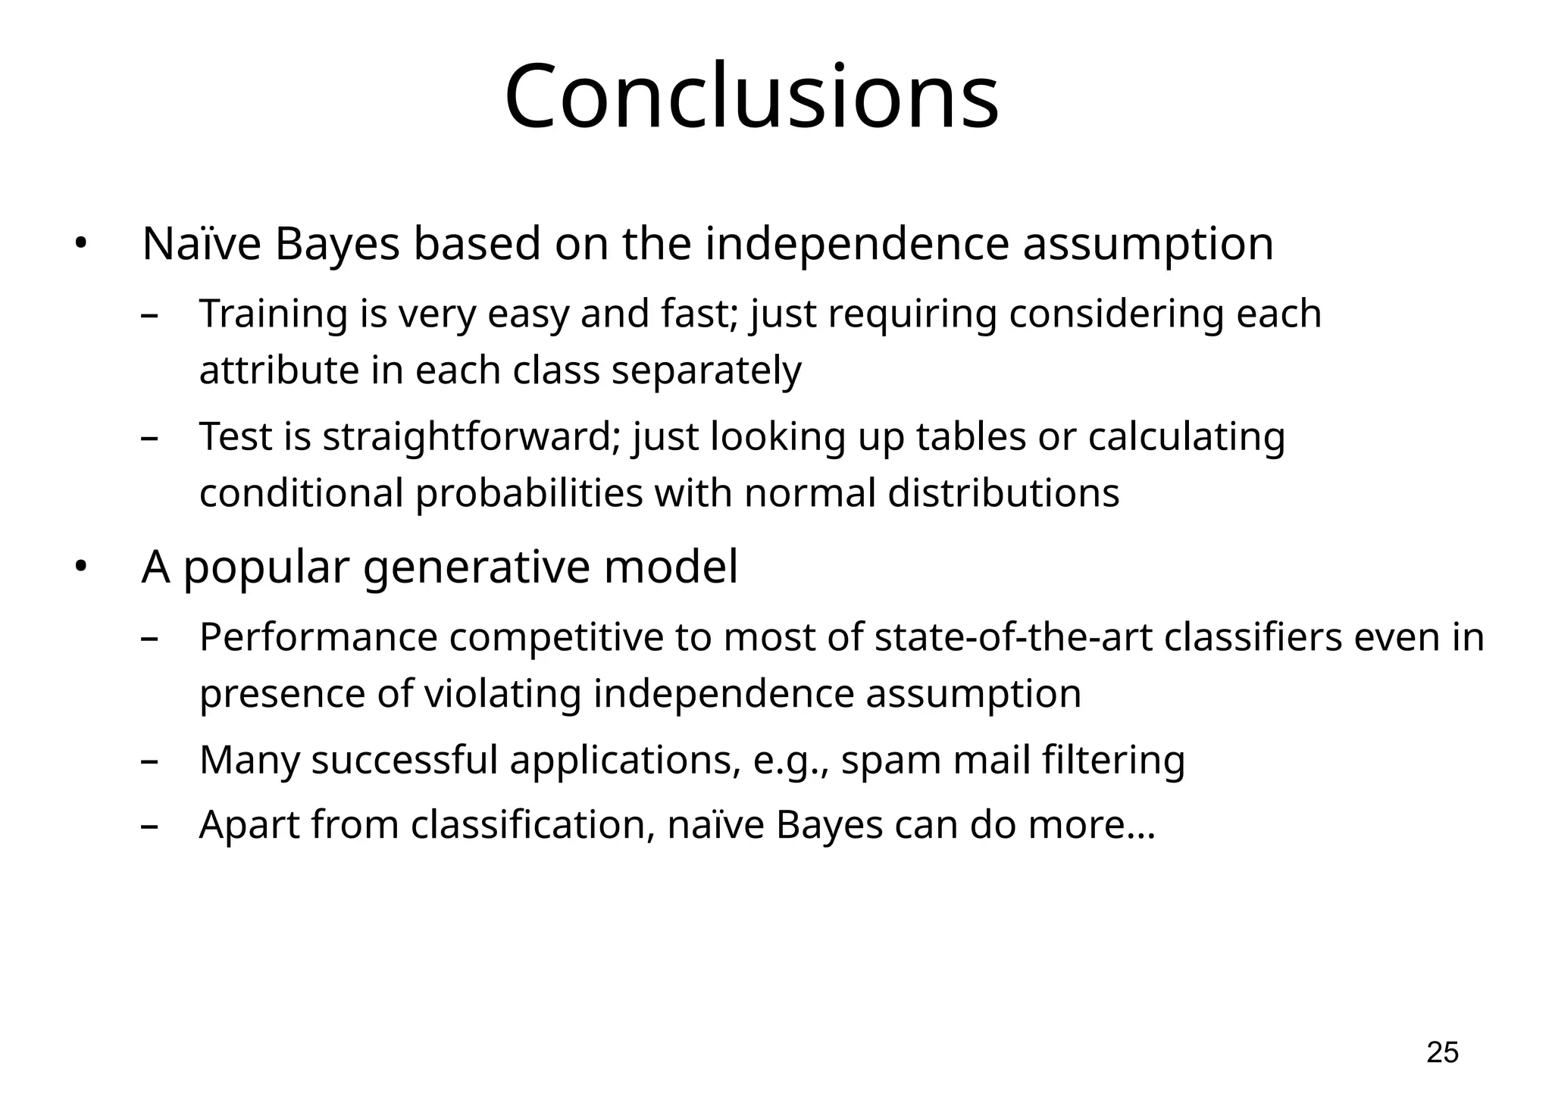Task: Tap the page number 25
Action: [1442, 1052]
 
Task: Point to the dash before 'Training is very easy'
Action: [149, 315]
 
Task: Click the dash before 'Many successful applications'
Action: [149, 761]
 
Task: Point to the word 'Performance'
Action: [318, 637]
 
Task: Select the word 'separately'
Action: [706, 371]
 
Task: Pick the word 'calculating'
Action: [1187, 437]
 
